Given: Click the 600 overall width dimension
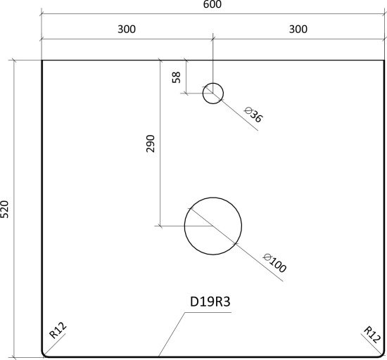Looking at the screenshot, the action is pos(212,4).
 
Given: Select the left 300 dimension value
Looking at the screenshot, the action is pos(127,30).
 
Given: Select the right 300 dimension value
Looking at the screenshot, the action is pos(298,30).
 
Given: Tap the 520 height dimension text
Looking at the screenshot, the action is pos(5,210).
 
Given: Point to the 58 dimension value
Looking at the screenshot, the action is pos(177,77).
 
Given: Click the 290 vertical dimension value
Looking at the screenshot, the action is pos(151,143).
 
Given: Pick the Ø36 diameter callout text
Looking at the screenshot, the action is pos(253,114).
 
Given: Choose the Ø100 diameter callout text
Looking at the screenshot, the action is pos(275,263).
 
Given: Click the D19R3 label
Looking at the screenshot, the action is pos(210,302).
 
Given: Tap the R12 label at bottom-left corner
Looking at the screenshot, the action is pos(58,330).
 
